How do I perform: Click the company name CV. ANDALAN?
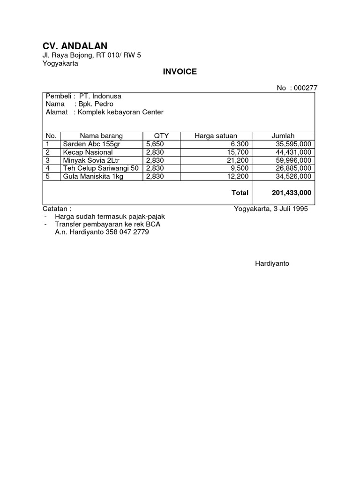coord(75,45)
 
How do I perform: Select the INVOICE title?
coord(180,72)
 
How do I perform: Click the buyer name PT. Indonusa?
coord(100,96)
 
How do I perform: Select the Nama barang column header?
coord(101,136)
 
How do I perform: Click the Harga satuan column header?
coord(216,136)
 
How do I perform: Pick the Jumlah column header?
coord(283,136)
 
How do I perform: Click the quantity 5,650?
coord(154,144)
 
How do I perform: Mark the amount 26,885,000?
coord(293,168)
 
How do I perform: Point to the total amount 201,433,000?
coord(292,193)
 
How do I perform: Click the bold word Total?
coord(240,193)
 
